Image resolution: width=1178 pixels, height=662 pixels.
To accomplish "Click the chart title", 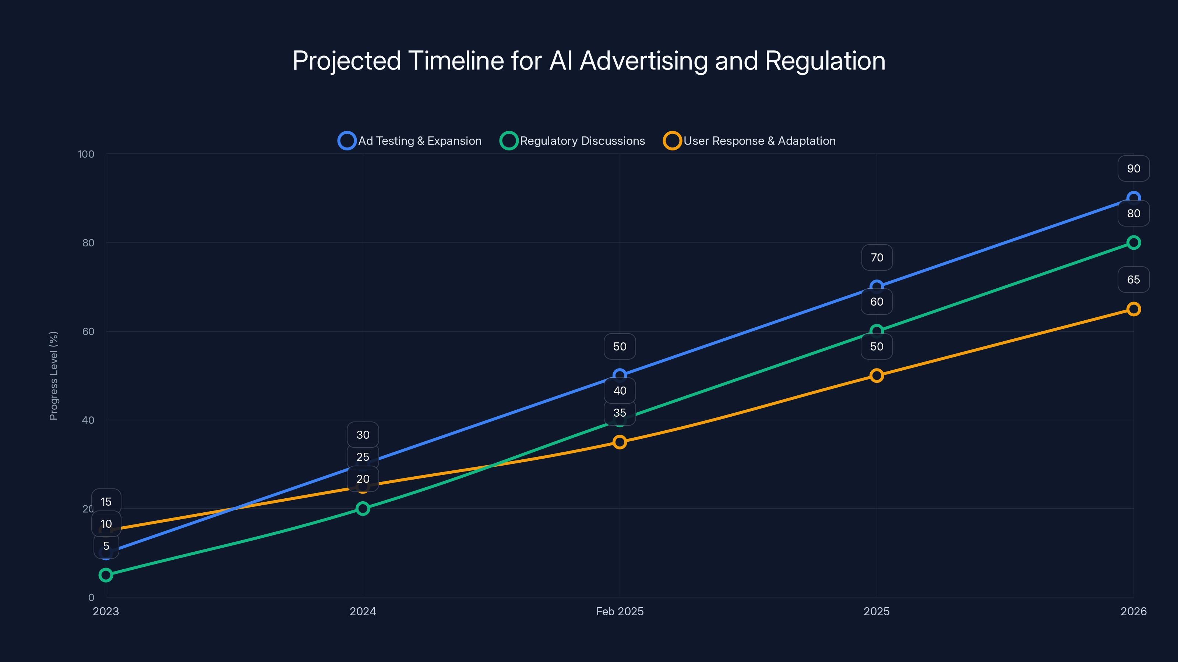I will [589, 61].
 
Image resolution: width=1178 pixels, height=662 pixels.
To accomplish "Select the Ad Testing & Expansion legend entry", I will [410, 141].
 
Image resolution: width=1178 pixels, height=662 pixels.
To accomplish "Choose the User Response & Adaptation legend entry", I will [749, 141].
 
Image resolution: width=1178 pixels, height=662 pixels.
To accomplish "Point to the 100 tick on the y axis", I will [86, 154].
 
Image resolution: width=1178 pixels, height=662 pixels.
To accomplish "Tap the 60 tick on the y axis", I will [88, 331].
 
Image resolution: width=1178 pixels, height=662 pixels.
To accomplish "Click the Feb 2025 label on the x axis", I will [620, 611].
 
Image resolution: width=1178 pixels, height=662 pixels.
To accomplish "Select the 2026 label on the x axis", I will [1133, 611].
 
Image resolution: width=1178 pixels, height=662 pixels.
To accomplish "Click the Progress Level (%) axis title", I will [53, 376].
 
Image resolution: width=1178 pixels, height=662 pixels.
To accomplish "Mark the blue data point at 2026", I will [1133, 198].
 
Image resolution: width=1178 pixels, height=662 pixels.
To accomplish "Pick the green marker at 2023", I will [106, 575].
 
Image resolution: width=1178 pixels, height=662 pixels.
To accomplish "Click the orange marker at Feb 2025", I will [620, 442].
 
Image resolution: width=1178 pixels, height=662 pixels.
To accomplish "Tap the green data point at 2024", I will [363, 509].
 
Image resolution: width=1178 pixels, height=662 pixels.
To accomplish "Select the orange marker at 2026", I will [1133, 309].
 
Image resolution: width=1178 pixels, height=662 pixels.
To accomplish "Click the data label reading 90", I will [1133, 168].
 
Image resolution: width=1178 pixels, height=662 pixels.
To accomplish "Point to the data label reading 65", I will [1133, 280].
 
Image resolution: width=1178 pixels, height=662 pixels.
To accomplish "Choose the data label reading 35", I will [620, 413].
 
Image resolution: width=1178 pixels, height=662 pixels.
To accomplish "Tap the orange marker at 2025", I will [877, 376].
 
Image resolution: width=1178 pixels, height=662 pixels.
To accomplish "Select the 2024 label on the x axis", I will [363, 611].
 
